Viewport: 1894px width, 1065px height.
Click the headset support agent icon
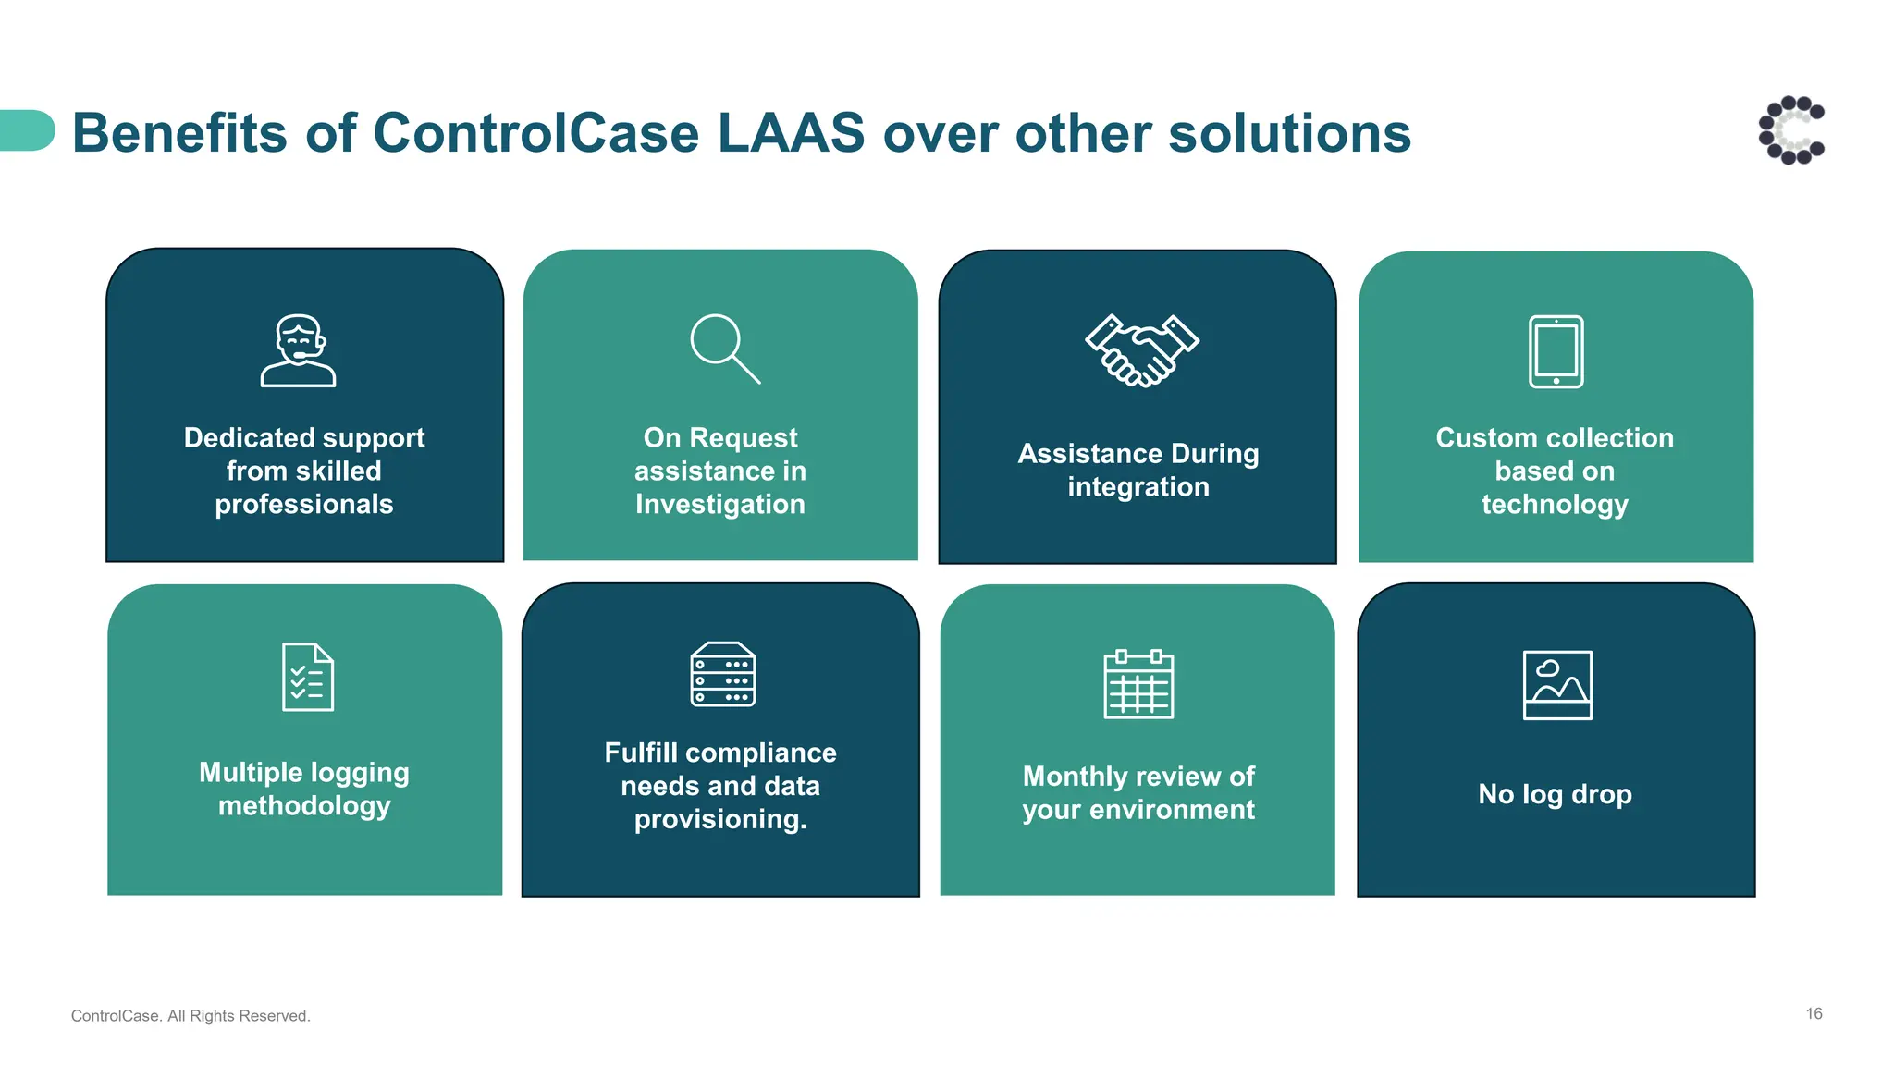(298, 350)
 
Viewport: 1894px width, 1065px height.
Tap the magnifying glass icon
(724, 349)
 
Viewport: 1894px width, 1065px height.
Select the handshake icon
(1141, 350)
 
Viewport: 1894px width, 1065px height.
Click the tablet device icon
(1556, 351)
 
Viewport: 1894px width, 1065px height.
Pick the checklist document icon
(307, 677)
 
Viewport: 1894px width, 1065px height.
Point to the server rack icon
(722, 674)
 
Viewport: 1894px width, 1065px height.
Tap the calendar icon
(1138, 684)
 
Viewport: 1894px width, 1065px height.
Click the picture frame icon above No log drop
(1557, 685)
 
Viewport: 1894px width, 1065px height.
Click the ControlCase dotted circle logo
(1791, 130)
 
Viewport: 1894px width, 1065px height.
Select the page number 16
(1814, 1014)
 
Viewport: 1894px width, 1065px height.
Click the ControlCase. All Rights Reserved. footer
(191, 1016)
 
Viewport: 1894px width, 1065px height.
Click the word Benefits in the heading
(180, 133)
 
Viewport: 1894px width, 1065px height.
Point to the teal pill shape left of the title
(27, 130)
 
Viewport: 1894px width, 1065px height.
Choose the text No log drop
(1555, 794)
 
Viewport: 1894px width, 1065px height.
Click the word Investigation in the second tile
(719, 505)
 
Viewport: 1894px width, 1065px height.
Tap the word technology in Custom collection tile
(1555, 505)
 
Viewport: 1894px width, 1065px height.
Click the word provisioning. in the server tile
(719, 820)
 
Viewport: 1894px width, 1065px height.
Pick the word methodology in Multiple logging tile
(304, 806)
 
